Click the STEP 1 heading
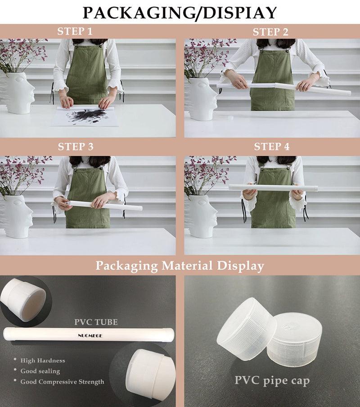pyautogui.click(x=75, y=32)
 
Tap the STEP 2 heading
pyautogui.click(x=270, y=32)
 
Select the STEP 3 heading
pyautogui.click(x=76, y=147)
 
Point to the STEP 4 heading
pyautogui.click(x=271, y=147)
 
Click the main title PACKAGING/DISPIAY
pyautogui.click(x=180, y=13)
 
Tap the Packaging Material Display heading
pyautogui.click(x=180, y=266)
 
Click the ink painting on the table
pyautogui.click(x=85, y=116)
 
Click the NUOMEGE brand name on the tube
pyautogui.click(x=90, y=335)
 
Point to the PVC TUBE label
pyautogui.click(x=96, y=322)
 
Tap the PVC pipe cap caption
pyautogui.click(x=272, y=381)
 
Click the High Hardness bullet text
pyautogui.click(x=43, y=361)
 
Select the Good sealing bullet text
pyautogui.click(x=40, y=371)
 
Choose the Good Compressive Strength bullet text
pyautogui.click(x=62, y=382)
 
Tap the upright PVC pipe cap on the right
pyautogui.click(x=294, y=340)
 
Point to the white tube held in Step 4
pyautogui.click(x=274, y=187)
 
